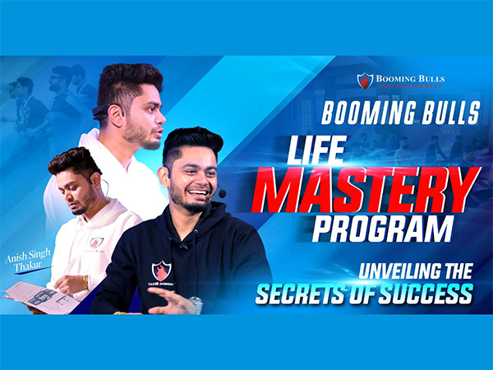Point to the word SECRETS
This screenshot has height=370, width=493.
(x=305, y=293)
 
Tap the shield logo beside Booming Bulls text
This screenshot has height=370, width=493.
(x=365, y=81)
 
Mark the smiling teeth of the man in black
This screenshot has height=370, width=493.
(x=196, y=194)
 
